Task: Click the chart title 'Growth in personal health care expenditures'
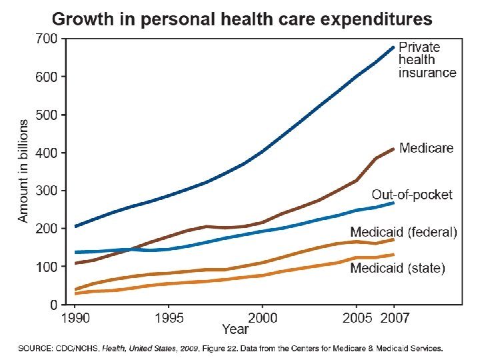click(241, 18)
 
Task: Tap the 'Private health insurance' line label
click(427, 60)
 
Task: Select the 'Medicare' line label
click(427, 148)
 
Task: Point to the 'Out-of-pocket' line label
click(412, 195)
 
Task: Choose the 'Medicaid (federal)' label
click(404, 232)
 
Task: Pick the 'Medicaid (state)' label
click(398, 269)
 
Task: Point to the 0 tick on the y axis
click(53, 305)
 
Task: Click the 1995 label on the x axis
click(169, 317)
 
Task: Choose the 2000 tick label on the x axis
click(261, 317)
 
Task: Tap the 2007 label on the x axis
click(395, 317)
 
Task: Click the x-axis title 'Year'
click(235, 329)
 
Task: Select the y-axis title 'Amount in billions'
click(23, 171)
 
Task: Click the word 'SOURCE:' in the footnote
click(36, 348)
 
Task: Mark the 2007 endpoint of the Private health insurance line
click(393, 47)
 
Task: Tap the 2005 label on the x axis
click(357, 317)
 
